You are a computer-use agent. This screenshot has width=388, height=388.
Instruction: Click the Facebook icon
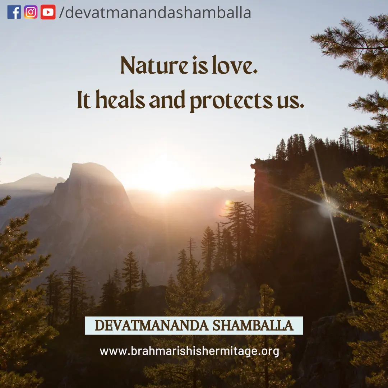tap(14, 12)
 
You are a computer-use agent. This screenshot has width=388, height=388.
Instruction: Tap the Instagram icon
tap(31, 12)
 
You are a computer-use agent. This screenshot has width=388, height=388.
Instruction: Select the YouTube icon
tap(48, 12)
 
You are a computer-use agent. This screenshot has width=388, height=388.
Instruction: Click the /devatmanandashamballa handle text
tap(155, 12)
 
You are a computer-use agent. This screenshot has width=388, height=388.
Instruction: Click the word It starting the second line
tap(84, 100)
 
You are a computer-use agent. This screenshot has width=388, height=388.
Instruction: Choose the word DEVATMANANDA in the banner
tap(152, 325)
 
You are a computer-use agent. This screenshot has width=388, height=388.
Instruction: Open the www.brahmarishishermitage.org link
tap(190, 351)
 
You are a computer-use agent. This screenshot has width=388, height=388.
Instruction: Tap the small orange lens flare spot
tap(228, 204)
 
